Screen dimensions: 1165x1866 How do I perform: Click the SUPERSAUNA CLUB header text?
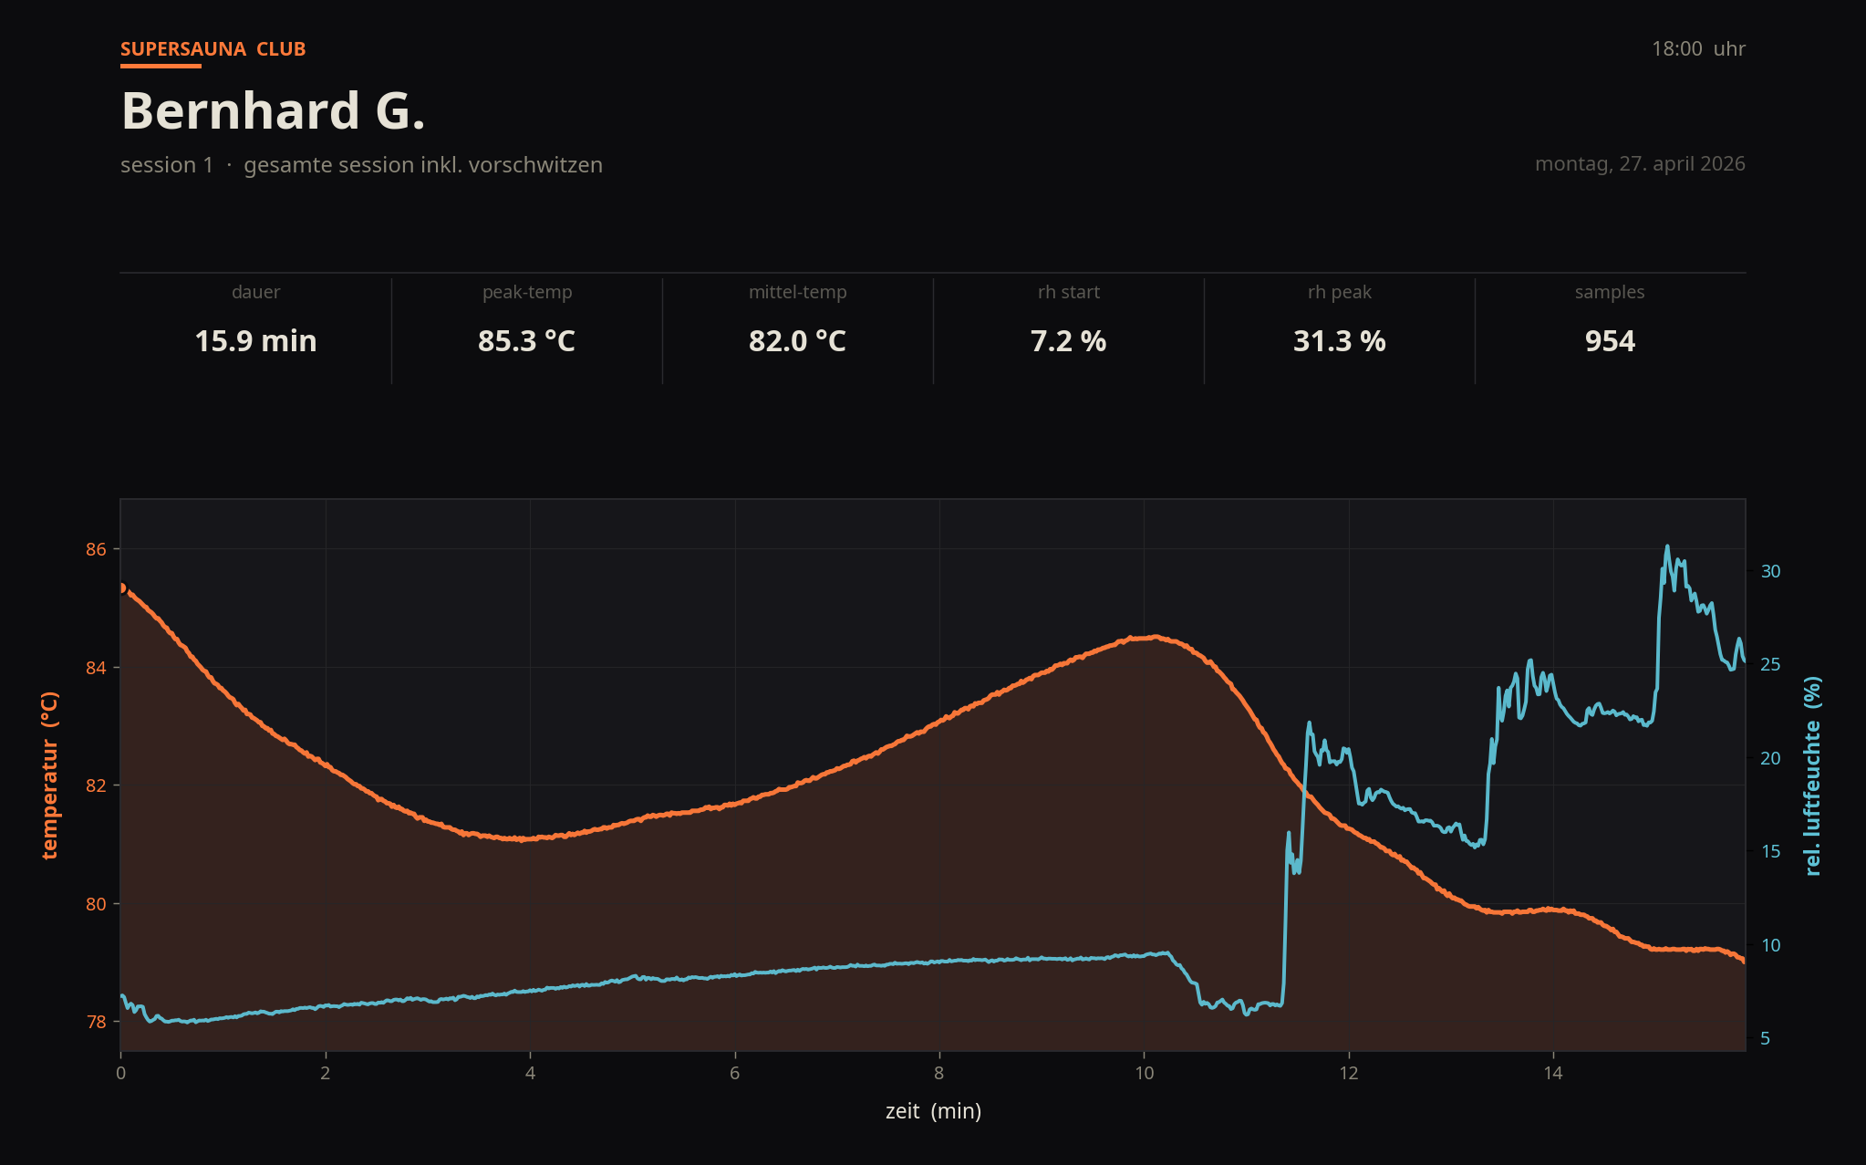(x=213, y=49)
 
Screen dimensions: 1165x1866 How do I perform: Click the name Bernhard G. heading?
(x=273, y=110)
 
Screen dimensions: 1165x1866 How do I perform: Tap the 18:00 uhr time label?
(x=1697, y=49)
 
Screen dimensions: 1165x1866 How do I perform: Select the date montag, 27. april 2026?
(x=1639, y=164)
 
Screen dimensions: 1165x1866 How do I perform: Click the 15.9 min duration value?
(x=255, y=341)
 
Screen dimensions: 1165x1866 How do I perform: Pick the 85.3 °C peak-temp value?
(x=526, y=341)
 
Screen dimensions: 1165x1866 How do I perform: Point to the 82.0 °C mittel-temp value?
(x=797, y=341)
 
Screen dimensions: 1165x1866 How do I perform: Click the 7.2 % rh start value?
(x=1068, y=341)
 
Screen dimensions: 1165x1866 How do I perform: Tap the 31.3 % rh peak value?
(x=1339, y=341)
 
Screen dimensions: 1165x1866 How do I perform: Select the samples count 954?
(x=1610, y=341)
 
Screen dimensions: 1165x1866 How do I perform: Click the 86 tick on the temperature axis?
(x=96, y=549)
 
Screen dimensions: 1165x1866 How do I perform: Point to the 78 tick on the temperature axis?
(x=96, y=1022)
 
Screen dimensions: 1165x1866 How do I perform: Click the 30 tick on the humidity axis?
(x=1770, y=571)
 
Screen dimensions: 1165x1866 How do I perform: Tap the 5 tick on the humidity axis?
(x=1766, y=1038)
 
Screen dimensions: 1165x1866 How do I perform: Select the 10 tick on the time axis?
(x=1144, y=1074)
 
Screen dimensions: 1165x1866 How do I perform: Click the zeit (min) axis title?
(x=933, y=1111)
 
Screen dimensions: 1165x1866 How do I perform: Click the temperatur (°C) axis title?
(x=49, y=775)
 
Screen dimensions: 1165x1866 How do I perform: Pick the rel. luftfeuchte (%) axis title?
(x=1813, y=775)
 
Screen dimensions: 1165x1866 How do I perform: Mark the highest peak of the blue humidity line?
(x=1667, y=546)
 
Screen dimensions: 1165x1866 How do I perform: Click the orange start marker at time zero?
(x=121, y=588)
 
